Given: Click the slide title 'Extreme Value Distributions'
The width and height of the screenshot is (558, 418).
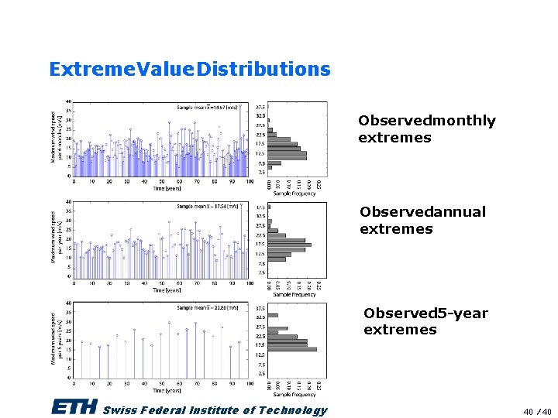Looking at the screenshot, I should coord(189,69).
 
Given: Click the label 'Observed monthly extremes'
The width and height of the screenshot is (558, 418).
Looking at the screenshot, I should coord(426,128).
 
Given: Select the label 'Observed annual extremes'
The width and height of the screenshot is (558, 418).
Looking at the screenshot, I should coord(422,220).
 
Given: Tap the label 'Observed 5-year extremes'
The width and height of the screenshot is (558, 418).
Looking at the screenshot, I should coord(425,321).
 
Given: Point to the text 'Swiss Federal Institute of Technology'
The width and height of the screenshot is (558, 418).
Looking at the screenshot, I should coord(215,410).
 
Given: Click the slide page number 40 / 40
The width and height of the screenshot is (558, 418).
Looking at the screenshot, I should coord(536,411).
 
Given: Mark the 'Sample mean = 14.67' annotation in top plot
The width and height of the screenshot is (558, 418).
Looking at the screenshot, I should coord(208,107).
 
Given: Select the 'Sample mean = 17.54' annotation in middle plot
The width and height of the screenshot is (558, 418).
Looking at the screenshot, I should coord(208,207).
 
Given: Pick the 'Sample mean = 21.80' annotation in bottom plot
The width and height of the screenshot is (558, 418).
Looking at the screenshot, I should coord(208,307).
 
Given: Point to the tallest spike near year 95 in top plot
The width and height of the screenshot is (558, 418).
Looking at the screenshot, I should coord(241,132).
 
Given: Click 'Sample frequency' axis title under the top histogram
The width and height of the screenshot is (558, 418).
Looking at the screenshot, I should coord(294,194).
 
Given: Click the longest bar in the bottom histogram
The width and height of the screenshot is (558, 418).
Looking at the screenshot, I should coord(292,349).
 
